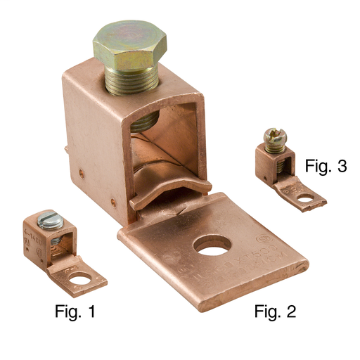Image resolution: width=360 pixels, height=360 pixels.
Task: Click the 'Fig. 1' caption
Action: point(75,311)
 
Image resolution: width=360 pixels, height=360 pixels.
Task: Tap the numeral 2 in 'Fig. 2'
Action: point(290,311)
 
